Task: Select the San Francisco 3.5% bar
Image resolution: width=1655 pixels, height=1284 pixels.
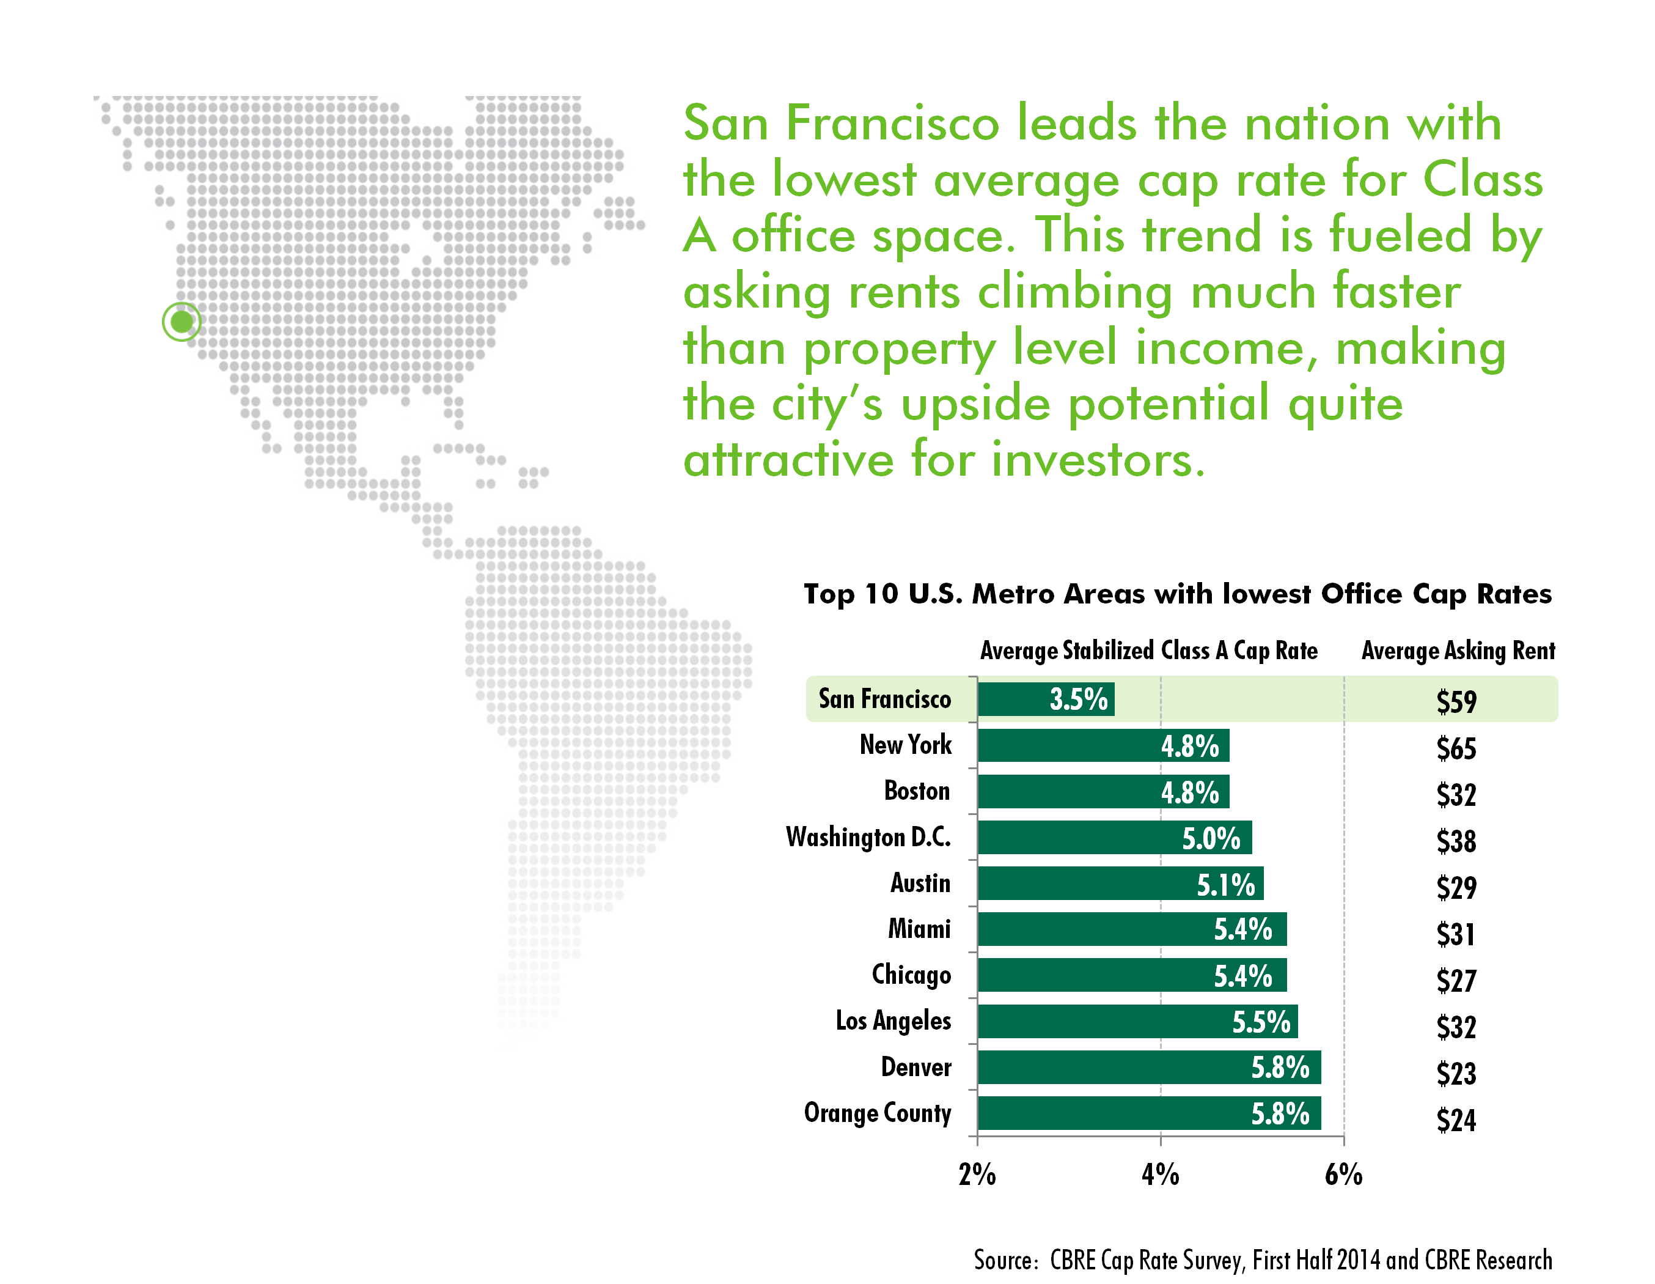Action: (x=1045, y=699)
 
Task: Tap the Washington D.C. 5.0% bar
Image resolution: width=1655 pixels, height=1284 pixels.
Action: (x=1114, y=838)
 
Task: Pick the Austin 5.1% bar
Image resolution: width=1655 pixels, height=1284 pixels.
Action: (x=1120, y=884)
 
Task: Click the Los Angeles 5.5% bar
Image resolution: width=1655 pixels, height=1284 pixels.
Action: (x=1137, y=1022)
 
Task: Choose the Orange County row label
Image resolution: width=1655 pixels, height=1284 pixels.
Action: (x=877, y=1113)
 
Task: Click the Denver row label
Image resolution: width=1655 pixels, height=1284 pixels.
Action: (x=916, y=1067)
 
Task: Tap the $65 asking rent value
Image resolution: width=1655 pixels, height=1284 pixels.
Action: (x=1456, y=748)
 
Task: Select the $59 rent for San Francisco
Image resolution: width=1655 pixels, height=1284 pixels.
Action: (x=1456, y=702)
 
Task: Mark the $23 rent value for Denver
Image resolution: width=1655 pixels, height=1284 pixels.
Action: (x=1456, y=1073)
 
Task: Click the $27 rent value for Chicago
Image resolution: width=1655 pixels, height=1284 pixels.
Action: (x=1456, y=981)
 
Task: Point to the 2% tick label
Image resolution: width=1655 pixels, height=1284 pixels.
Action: (x=977, y=1175)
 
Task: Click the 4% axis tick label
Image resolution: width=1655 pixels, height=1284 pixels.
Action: (x=1160, y=1175)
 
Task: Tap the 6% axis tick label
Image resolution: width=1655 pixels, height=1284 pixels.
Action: (x=1343, y=1175)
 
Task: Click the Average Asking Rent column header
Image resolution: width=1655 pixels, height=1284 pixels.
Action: (x=1458, y=651)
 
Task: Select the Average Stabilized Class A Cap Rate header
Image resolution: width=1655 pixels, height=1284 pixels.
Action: (x=1149, y=651)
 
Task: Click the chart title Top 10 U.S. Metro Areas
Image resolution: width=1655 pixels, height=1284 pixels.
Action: (x=1177, y=594)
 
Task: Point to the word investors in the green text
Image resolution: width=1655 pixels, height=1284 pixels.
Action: (x=1097, y=459)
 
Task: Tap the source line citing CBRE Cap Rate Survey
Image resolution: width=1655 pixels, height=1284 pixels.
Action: (x=1263, y=1260)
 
